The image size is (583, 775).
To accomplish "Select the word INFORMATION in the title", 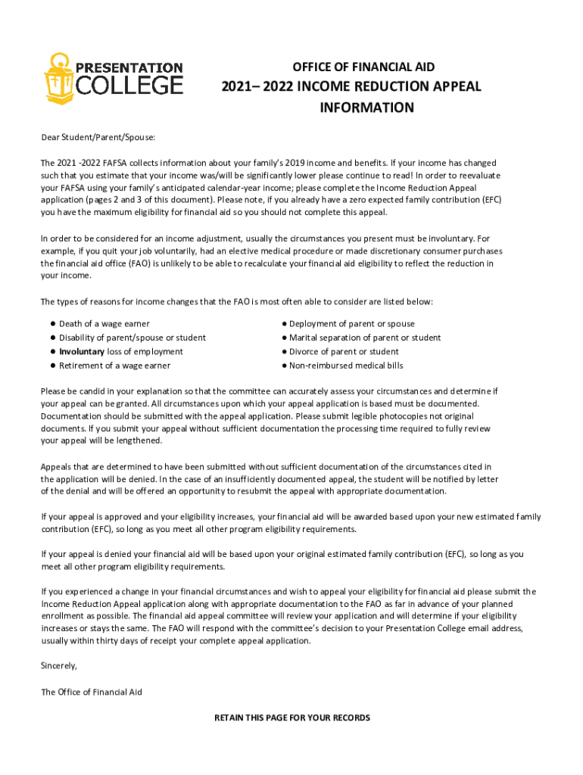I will click(366, 107).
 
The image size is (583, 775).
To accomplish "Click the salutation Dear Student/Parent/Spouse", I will click(97, 137).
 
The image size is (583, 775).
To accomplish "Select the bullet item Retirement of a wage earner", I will click(114, 366).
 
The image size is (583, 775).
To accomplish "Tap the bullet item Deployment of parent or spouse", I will click(351, 324).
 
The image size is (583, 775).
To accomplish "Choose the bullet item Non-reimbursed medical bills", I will click(346, 366).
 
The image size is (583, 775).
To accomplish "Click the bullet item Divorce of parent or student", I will click(344, 352).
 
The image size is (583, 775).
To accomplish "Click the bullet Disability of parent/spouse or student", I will click(132, 338).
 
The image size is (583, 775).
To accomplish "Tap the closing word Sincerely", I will click(58, 666).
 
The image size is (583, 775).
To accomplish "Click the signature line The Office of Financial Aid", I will click(91, 692).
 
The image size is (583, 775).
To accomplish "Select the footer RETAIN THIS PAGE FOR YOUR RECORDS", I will click(292, 717).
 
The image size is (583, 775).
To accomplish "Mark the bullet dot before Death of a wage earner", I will click(53, 324).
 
